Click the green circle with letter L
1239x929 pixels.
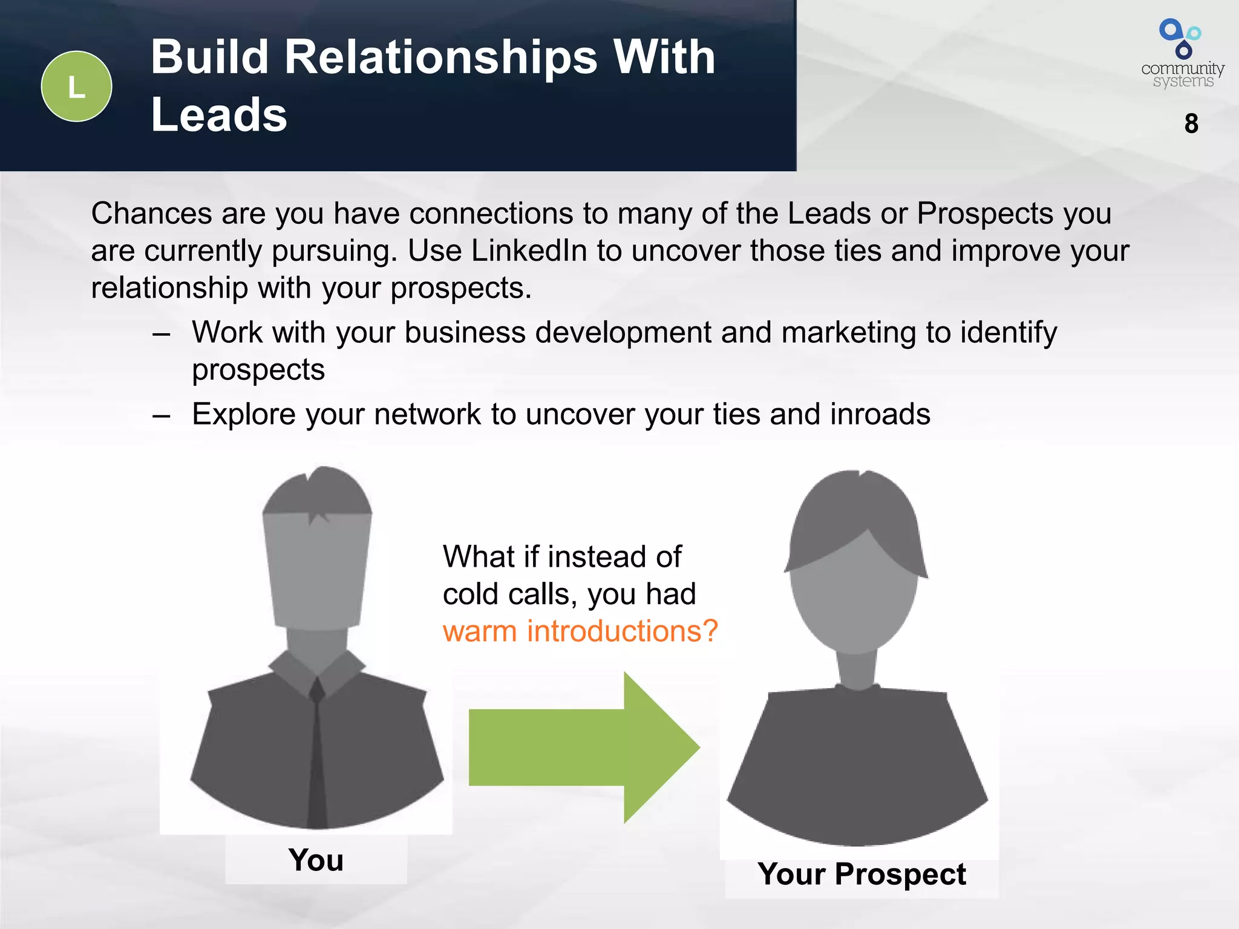pyautogui.click(x=76, y=86)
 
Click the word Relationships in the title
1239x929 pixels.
pyautogui.click(x=440, y=57)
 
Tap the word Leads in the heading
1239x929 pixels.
pyautogui.click(x=219, y=115)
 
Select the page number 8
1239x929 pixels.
pyautogui.click(x=1191, y=124)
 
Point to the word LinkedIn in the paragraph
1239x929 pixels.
pyautogui.click(x=529, y=251)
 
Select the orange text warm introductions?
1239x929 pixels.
pyautogui.click(x=580, y=631)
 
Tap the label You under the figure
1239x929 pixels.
pyautogui.click(x=316, y=860)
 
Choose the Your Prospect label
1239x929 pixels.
pyautogui.click(x=861, y=875)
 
